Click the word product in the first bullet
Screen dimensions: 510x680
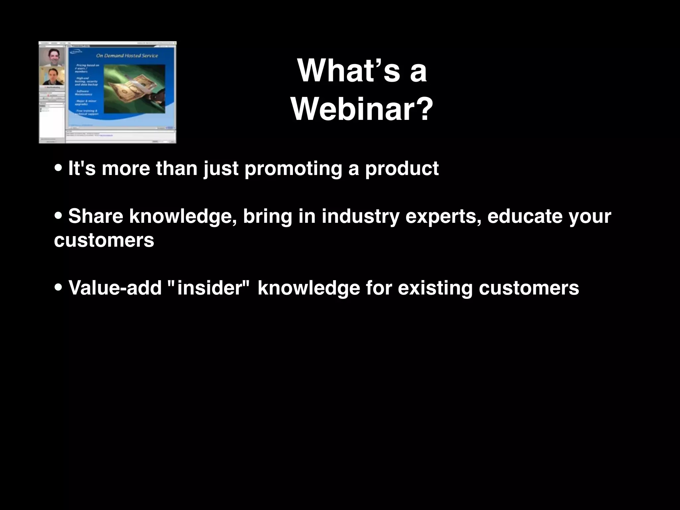tap(402, 169)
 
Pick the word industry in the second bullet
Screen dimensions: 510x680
tap(360, 217)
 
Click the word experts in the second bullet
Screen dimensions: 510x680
tap(443, 217)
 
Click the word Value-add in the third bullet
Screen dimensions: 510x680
tap(115, 288)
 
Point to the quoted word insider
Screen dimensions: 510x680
tap(211, 288)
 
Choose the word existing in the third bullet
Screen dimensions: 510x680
tap(435, 288)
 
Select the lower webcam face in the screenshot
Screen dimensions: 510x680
tap(52, 76)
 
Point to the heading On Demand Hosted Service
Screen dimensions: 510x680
tap(127, 55)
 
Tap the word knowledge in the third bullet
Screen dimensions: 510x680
tap(308, 288)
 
